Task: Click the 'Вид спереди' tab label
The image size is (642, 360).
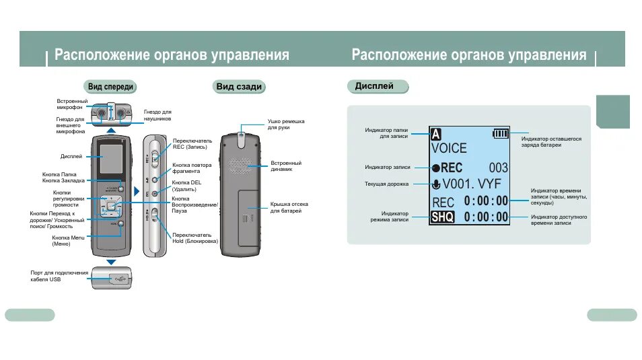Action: pos(111,87)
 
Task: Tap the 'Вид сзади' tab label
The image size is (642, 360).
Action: pos(239,87)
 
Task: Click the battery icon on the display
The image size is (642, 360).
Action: pos(501,133)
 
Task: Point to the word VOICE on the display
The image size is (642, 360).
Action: pos(449,148)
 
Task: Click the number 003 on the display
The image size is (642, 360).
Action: pos(498,168)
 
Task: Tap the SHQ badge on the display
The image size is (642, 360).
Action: pos(443,217)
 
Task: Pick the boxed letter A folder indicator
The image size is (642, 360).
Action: pos(436,133)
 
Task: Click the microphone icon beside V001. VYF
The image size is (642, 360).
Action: pos(436,184)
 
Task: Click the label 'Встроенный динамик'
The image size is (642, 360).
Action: pos(286,166)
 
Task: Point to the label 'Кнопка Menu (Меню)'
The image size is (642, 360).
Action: pos(68,240)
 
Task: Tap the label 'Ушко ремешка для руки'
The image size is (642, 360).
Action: pos(286,124)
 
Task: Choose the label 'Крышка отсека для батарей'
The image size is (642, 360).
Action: pos(286,207)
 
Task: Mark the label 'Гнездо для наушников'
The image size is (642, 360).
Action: pos(158,115)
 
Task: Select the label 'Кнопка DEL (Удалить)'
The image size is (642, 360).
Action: pos(186,186)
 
